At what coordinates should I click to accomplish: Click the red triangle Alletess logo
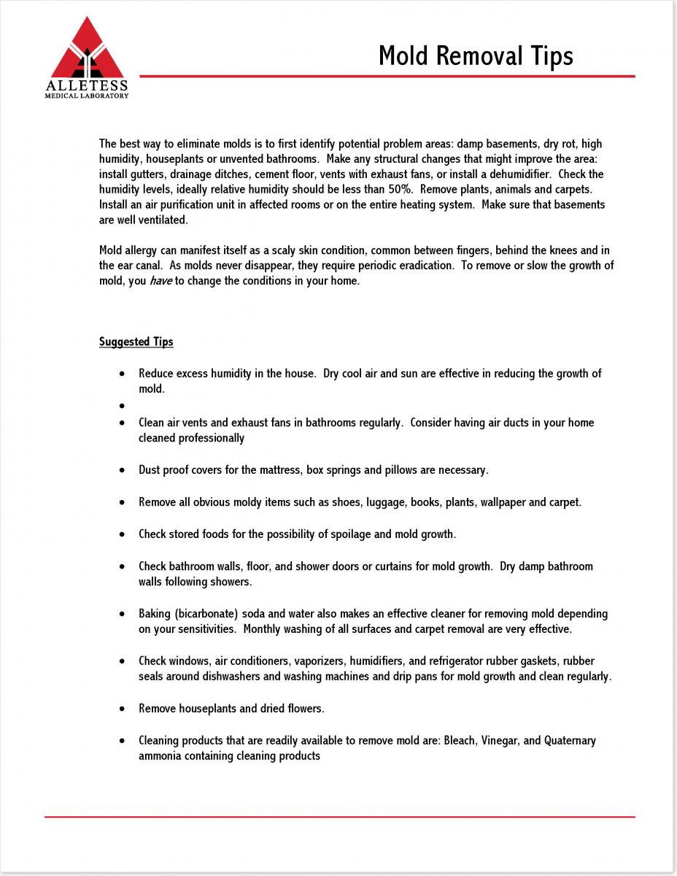87,50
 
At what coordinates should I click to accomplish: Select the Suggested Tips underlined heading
136,342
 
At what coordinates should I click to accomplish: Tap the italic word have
161,281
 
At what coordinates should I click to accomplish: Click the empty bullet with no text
122,405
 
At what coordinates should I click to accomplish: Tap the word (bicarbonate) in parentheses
206,614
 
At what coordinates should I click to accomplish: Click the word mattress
280,470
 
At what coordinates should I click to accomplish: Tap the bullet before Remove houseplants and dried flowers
122,709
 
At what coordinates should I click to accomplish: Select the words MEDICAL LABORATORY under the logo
87,96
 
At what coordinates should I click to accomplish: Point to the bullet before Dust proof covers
122,470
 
